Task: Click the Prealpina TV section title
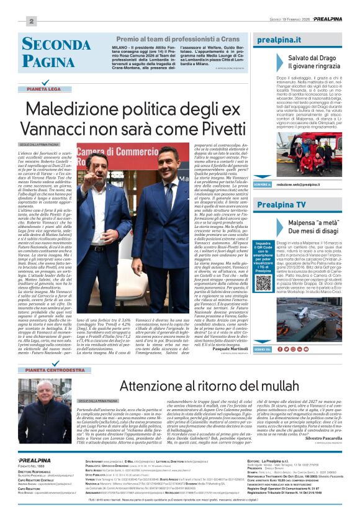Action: coord(281,204)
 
